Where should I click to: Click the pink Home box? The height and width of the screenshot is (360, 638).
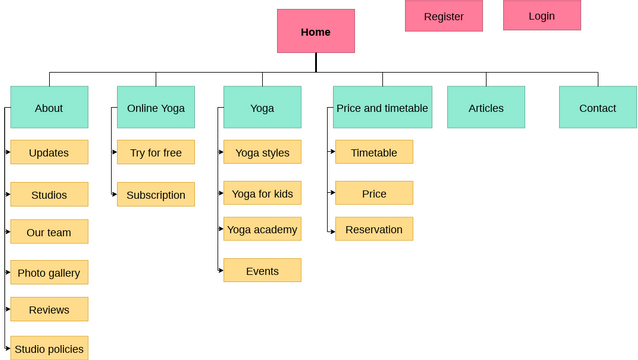pyautogui.click(x=315, y=31)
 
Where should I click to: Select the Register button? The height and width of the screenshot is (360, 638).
pyautogui.click(x=443, y=16)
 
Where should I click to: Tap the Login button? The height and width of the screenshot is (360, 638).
pyautogui.click(x=541, y=16)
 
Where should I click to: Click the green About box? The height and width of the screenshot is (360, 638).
pyautogui.click(x=49, y=107)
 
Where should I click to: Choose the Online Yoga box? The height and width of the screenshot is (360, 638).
pyautogui.click(x=155, y=107)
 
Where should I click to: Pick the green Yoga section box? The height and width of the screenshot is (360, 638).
pyautogui.click(x=262, y=107)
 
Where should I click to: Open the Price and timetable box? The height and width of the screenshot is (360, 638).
pyautogui.click(x=382, y=107)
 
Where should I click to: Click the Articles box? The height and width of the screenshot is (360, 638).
pyautogui.click(x=486, y=107)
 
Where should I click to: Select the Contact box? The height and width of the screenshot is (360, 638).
pyautogui.click(x=598, y=107)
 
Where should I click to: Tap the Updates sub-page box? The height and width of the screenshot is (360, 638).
pyautogui.click(x=49, y=153)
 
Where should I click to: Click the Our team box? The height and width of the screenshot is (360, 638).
pyautogui.click(x=49, y=232)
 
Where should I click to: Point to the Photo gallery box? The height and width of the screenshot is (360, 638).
pyautogui.click(x=49, y=272)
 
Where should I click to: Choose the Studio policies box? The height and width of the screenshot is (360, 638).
pyautogui.click(x=49, y=348)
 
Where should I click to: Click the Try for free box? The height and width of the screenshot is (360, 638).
pyautogui.click(x=156, y=153)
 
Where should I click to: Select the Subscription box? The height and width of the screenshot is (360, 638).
pyautogui.click(x=156, y=195)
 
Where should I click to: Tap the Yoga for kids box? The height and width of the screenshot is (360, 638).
pyautogui.click(x=262, y=193)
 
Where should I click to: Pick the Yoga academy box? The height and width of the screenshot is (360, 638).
pyautogui.click(x=262, y=229)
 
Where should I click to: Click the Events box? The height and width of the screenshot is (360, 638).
pyautogui.click(x=262, y=271)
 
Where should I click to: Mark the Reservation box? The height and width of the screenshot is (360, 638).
pyautogui.click(x=374, y=229)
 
